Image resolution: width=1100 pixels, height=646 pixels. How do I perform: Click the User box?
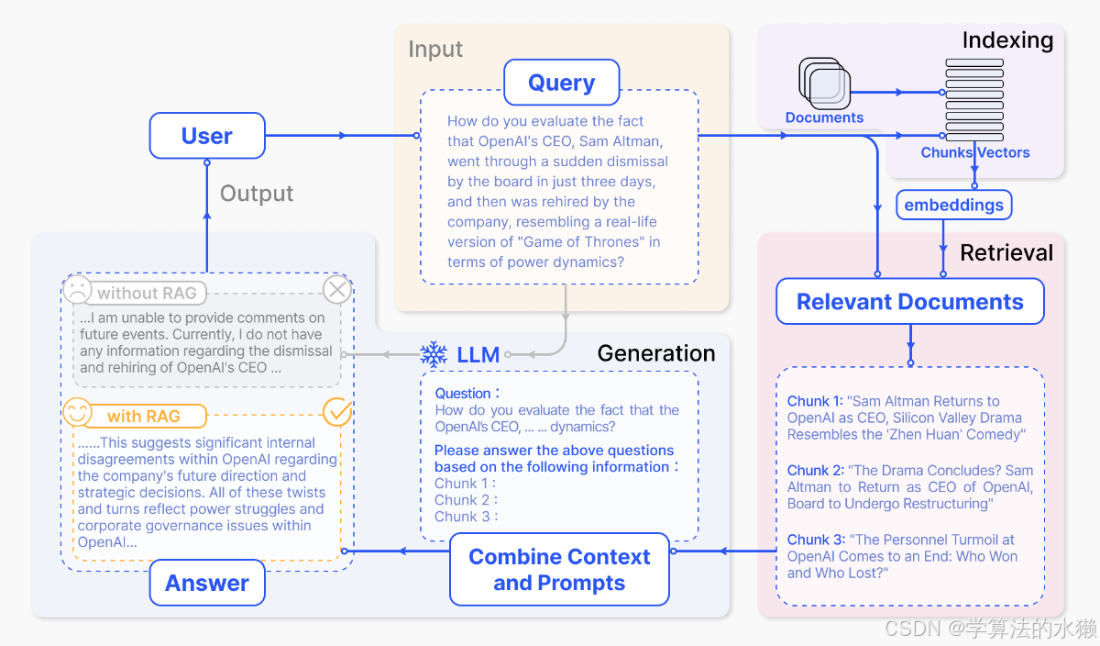tap(207, 136)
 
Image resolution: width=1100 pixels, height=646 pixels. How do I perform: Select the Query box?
tap(561, 82)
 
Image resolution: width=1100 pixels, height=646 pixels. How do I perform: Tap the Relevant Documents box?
tap(910, 301)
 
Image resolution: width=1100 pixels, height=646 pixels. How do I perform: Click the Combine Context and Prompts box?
tap(559, 569)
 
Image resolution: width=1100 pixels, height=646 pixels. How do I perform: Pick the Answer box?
tap(207, 583)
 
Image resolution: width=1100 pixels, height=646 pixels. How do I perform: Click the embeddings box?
tap(953, 205)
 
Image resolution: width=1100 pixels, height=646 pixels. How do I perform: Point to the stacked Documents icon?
tap(824, 84)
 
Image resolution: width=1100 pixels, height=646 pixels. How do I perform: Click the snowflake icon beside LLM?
tap(434, 354)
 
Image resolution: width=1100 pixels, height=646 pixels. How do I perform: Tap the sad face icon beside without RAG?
tap(78, 289)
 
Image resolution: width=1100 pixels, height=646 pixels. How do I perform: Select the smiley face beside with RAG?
tap(78, 412)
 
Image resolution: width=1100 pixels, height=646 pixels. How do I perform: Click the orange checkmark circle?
tap(337, 412)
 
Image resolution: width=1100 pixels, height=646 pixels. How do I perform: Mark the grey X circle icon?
tap(337, 290)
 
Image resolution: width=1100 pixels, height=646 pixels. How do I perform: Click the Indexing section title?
tap(1007, 39)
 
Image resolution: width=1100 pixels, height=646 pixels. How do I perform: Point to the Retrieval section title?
tap(1006, 252)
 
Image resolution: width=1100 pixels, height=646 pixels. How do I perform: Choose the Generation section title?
tap(656, 353)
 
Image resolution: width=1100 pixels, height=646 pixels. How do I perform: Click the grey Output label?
tap(257, 194)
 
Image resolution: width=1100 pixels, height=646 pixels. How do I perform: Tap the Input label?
tap(435, 49)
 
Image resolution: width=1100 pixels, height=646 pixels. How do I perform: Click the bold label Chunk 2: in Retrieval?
tap(815, 471)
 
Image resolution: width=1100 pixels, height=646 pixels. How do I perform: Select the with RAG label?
tap(144, 416)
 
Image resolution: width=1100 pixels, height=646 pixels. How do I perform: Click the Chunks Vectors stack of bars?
tap(974, 100)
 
